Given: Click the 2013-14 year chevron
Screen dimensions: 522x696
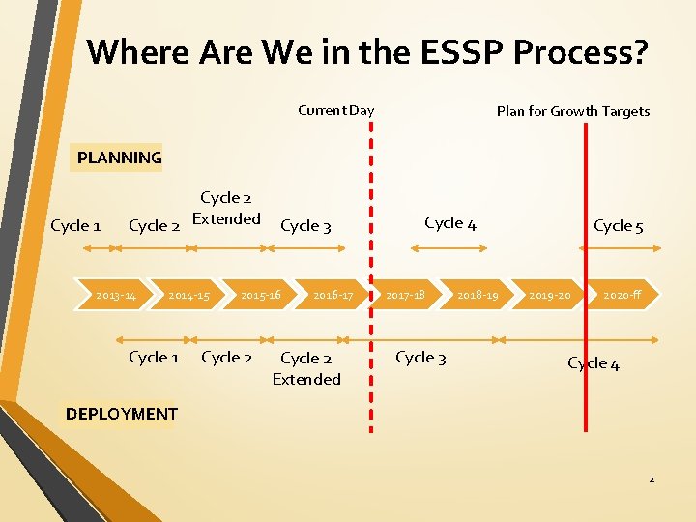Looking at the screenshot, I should point(116,295).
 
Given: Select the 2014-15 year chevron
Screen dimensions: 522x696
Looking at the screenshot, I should point(188,295).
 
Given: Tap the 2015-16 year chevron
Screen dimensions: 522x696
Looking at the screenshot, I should point(261,295).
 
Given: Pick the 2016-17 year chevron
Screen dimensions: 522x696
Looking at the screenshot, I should point(333,295).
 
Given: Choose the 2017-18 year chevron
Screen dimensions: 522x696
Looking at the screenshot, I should point(406,295).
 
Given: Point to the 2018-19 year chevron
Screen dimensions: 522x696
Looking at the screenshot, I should point(478,295).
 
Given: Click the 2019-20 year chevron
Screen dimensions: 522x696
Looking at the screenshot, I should point(551,295).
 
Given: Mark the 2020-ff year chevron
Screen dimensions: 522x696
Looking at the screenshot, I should point(623,295).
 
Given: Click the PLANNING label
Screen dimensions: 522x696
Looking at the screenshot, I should point(120,158).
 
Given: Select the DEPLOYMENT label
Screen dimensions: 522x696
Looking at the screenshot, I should point(122,414).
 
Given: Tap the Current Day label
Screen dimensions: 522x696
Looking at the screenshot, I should point(335,110).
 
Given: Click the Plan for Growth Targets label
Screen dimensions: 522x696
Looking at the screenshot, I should point(573,111).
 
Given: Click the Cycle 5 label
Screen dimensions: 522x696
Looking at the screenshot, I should point(619,226).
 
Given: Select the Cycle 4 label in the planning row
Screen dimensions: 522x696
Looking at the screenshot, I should point(450,223).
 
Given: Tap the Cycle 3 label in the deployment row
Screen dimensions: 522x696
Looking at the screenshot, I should point(420,358).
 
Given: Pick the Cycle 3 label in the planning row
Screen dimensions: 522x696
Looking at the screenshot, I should point(305,226).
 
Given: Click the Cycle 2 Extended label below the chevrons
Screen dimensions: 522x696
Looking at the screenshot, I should point(306,368).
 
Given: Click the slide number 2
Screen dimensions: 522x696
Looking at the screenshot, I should point(652,479).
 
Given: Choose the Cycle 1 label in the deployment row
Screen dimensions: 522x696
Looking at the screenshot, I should point(154,358).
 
